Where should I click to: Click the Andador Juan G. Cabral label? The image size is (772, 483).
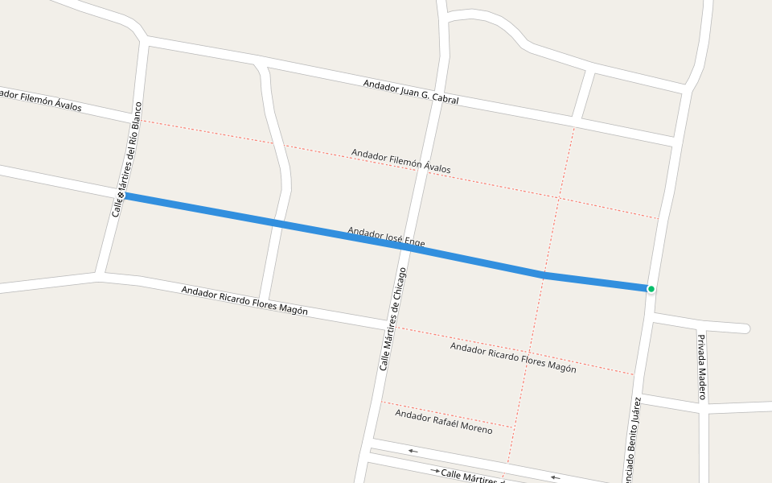tap(410, 92)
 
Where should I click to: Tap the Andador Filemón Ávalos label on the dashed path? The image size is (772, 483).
tap(400, 161)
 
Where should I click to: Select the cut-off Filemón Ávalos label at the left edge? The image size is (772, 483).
tap(40, 101)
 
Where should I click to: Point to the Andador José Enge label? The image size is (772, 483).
tap(386, 237)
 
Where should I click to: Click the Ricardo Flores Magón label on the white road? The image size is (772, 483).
tap(244, 300)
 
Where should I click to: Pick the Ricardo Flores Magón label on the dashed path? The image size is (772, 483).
tap(513, 357)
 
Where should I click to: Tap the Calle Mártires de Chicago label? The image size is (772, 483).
tap(392, 319)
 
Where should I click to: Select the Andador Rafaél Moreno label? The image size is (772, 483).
tap(443, 421)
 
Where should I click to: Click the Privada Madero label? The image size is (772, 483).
tap(700, 367)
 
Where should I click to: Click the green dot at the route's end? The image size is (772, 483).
tap(651, 289)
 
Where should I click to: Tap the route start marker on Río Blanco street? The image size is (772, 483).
tap(121, 196)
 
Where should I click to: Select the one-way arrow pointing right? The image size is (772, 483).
tap(435, 470)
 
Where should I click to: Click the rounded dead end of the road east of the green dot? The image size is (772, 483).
tap(745, 328)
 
